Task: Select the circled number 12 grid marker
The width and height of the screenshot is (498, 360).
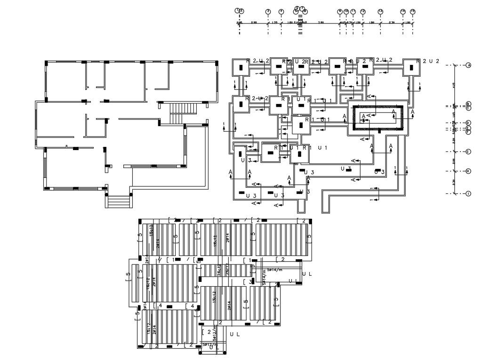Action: [363, 11]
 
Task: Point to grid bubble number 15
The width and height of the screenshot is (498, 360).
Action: [412, 11]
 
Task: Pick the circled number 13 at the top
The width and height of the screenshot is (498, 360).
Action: [380, 11]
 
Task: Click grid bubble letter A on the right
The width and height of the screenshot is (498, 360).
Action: [468, 65]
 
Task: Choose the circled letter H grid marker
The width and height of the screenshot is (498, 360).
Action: [468, 171]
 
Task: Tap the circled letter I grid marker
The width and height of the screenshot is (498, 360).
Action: [468, 194]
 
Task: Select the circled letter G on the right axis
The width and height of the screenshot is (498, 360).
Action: [468, 152]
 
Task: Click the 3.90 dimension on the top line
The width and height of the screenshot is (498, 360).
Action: [321, 22]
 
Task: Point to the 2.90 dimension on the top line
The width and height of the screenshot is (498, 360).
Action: [254, 22]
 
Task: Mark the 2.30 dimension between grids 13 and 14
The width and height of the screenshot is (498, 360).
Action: [391, 22]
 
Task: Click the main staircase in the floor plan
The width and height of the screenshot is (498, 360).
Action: [183, 113]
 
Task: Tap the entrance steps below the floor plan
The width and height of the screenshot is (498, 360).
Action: [119, 201]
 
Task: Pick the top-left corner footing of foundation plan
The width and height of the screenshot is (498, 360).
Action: [243, 67]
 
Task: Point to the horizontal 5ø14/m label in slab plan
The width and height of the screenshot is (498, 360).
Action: [274, 270]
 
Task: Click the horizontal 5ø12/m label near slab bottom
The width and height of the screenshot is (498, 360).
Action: [210, 344]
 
